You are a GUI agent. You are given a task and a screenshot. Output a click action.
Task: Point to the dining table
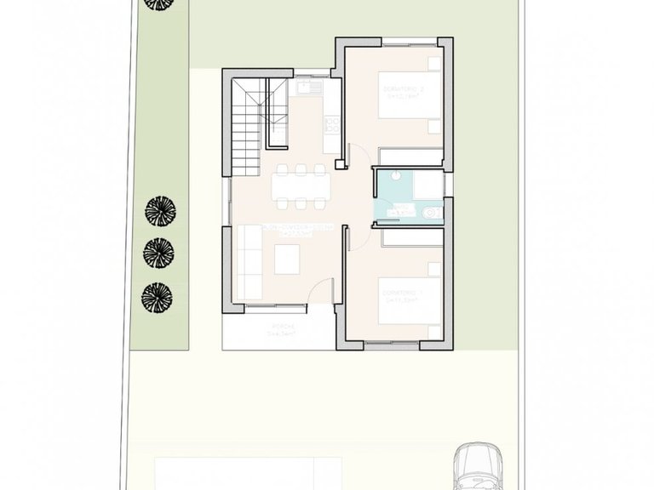(300, 185)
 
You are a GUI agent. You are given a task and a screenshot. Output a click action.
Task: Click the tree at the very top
(157, 4)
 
